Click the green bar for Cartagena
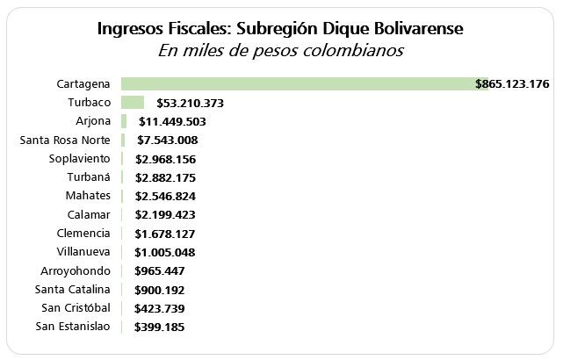pyautogui.click(x=299, y=83)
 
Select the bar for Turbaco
pyautogui.click(x=132, y=103)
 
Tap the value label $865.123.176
pyautogui.click(x=512, y=84)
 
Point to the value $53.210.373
pyautogui.click(x=190, y=103)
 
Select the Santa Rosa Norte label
pyautogui.click(x=64, y=140)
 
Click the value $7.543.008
pyautogui.click(x=167, y=140)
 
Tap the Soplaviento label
pyautogui.click(x=80, y=158)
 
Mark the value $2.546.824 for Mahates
pyautogui.click(x=165, y=197)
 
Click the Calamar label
pyautogui.click(x=88, y=214)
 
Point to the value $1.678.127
pyautogui.click(x=165, y=234)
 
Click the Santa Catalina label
pyautogui.click(x=72, y=289)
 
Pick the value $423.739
pyautogui.click(x=159, y=308)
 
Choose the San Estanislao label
pyautogui.click(x=73, y=327)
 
